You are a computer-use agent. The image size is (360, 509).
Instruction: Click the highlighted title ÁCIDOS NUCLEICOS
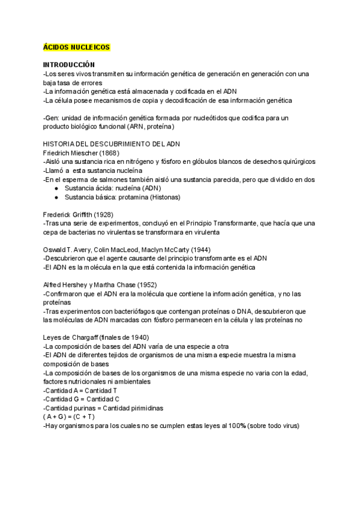tap(76, 46)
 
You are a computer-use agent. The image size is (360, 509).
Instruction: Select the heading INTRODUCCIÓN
tap(69, 65)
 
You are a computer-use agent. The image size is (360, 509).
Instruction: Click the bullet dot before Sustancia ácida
tap(56, 188)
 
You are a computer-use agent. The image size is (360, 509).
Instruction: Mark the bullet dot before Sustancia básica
tap(56, 197)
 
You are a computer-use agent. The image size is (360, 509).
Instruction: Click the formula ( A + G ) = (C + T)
tap(70, 417)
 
